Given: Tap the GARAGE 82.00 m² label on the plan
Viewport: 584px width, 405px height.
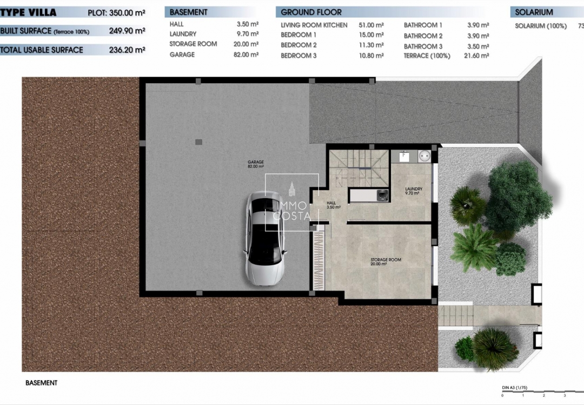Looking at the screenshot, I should click(x=256, y=164).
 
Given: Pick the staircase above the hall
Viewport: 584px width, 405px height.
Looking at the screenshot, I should click(x=359, y=168).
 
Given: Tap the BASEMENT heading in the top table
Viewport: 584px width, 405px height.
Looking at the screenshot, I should click(x=189, y=12).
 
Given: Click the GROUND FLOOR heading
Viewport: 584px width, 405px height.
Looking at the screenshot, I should click(x=311, y=12).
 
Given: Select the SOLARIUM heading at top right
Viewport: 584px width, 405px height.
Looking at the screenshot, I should click(x=534, y=12).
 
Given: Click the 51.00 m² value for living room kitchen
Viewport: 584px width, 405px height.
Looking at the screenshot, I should click(x=371, y=25).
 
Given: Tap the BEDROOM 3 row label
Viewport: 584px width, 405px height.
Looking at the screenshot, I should click(x=298, y=56).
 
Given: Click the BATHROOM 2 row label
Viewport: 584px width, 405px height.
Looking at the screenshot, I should click(x=423, y=36).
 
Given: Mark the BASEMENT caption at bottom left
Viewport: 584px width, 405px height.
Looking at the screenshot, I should click(x=41, y=383).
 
